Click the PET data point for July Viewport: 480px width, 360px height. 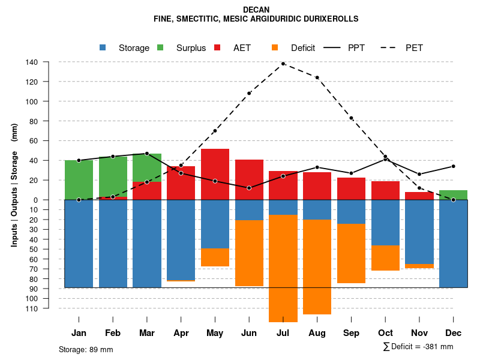(283, 64)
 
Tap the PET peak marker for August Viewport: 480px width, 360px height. (317, 77)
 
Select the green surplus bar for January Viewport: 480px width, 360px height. (79, 179)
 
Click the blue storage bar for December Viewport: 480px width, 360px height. (453, 244)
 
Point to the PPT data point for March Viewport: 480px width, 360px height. (147, 154)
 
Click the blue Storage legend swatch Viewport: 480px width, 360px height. (103, 48)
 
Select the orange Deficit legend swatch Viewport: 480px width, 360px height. (275, 48)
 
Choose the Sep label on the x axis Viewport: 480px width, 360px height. (352, 333)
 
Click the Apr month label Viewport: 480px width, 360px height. (181, 333)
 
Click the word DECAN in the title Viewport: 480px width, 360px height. (256, 10)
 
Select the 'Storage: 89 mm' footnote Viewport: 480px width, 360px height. (86, 349)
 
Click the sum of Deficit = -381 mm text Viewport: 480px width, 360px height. (418, 347)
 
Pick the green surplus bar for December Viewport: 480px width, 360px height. (453, 194)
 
